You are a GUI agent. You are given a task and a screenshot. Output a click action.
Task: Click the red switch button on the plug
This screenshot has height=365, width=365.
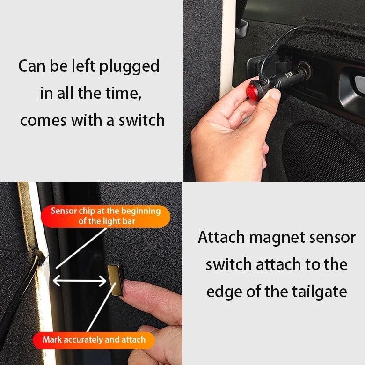(x=253, y=91)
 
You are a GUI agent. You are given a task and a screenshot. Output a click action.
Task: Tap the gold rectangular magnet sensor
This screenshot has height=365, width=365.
(x=116, y=280)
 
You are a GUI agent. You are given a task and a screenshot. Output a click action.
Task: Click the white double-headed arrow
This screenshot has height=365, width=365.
(x=80, y=281)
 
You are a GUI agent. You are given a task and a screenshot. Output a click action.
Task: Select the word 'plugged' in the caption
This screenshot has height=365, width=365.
(x=130, y=66)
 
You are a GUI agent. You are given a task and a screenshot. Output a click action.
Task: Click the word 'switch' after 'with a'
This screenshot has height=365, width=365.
(x=141, y=120)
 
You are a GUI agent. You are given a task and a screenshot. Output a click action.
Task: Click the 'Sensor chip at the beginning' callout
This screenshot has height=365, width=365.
(x=105, y=217)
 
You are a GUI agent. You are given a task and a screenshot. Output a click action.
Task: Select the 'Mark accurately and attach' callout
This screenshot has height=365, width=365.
(x=94, y=340)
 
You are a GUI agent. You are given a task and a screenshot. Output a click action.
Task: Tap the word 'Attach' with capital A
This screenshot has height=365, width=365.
(x=221, y=237)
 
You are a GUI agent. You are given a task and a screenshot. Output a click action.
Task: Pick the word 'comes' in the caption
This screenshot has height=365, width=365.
(x=44, y=121)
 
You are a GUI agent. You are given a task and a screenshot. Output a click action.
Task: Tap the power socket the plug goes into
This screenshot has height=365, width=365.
(x=305, y=69)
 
